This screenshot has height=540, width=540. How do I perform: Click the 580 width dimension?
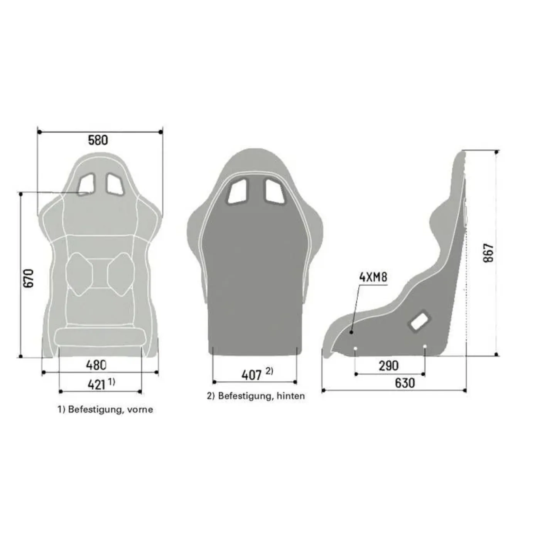[x=98, y=140]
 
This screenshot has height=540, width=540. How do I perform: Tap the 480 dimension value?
[x=96, y=365]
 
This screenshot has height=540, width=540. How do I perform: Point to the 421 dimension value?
[x=96, y=385]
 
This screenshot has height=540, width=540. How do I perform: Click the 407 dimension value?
[x=251, y=375]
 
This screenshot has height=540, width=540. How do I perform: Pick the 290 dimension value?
[x=388, y=366]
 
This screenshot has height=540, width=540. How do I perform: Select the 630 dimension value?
[x=405, y=383]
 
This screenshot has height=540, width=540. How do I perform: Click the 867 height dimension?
[x=488, y=253]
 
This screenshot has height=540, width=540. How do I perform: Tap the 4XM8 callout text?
[x=373, y=277]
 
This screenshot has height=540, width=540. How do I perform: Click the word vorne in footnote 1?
[x=140, y=410]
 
